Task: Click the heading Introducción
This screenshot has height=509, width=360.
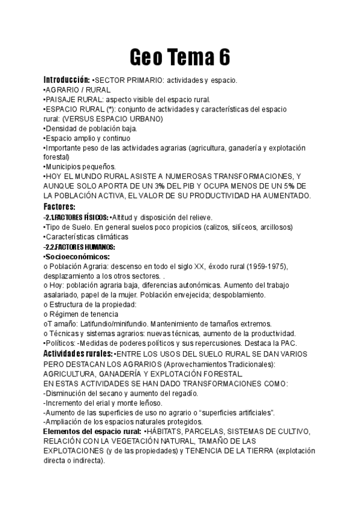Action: (66, 80)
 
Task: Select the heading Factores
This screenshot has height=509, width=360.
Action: (59, 206)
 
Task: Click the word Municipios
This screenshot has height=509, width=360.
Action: (64, 166)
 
